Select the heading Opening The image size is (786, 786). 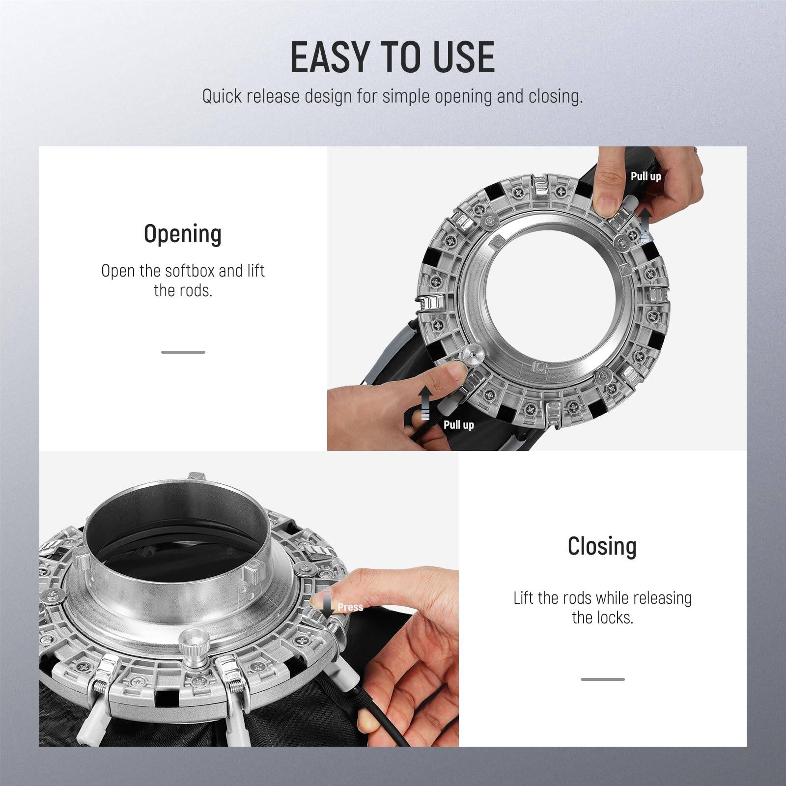pos(183,234)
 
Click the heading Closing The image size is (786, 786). pos(602,546)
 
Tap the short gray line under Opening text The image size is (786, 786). pos(183,352)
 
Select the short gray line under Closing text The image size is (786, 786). pos(602,679)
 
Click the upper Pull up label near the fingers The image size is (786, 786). pos(646,176)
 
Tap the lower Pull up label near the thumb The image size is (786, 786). pos(458,424)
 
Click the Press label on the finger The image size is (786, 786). pos(350,607)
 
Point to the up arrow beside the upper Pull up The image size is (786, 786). pos(646,225)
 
